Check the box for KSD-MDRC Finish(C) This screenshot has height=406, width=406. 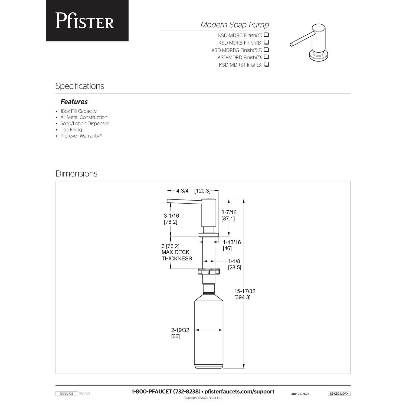(x=266, y=35)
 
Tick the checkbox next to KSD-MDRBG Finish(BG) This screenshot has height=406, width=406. (x=266, y=50)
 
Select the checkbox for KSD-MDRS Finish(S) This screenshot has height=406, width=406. (x=266, y=65)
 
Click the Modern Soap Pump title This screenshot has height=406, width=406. (x=234, y=25)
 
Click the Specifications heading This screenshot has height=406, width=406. (x=80, y=86)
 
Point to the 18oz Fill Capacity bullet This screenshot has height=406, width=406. (x=78, y=111)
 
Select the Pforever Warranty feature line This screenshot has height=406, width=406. (x=81, y=136)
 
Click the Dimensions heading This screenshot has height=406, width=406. (x=76, y=173)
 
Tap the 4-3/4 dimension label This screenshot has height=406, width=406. (x=182, y=191)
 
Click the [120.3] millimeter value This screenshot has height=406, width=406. (x=202, y=191)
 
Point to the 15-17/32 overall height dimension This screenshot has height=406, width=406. (x=245, y=291)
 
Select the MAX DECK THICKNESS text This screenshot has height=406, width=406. (x=177, y=255)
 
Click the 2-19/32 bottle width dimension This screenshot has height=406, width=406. (x=180, y=330)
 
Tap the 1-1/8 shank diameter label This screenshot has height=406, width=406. (x=234, y=261)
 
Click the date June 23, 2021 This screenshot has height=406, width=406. (x=300, y=394)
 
